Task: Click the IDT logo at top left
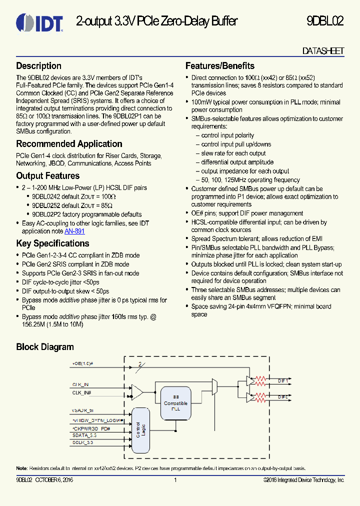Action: (x=39, y=22)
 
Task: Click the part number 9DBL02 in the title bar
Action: (x=324, y=21)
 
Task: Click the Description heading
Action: (x=39, y=66)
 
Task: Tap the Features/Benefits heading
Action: (x=220, y=66)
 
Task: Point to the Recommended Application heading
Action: (x=69, y=144)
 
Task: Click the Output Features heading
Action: (x=48, y=176)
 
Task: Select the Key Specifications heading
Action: (x=52, y=243)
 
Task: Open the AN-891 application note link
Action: (x=74, y=231)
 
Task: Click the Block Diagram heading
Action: (x=45, y=347)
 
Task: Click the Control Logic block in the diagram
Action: (x=141, y=429)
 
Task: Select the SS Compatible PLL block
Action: (x=176, y=403)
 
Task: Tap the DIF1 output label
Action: (x=283, y=381)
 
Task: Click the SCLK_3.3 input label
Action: (x=83, y=443)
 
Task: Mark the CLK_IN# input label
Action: (x=81, y=393)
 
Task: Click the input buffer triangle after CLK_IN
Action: (x=136, y=391)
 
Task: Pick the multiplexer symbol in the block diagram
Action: (x=215, y=385)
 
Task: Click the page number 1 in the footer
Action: (x=175, y=480)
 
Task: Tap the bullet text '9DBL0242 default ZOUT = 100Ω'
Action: (x=73, y=196)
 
